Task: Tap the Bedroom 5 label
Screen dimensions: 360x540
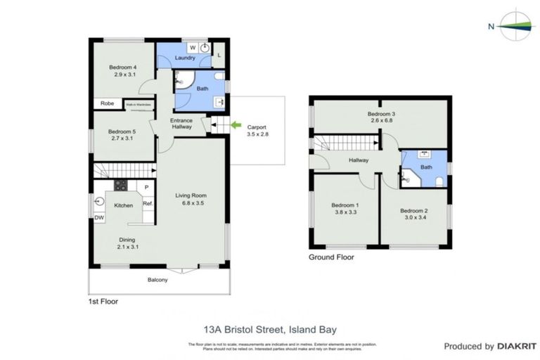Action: pos(121,131)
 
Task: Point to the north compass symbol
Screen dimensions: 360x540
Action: pos(517,27)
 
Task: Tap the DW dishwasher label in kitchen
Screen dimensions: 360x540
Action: pos(99,217)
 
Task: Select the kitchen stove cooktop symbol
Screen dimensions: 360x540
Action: pos(120,186)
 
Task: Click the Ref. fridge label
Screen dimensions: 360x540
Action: pos(148,204)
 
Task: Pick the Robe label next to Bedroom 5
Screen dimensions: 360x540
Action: pos(107,104)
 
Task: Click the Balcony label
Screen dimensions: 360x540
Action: pos(157,280)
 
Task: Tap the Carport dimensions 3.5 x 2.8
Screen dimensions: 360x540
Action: pos(257,134)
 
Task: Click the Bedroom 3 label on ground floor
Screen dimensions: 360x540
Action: pos(382,113)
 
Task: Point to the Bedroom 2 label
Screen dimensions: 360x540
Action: pos(413,211)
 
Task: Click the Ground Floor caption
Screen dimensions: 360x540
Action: pos(331,257)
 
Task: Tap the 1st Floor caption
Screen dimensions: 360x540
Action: pos(103,301)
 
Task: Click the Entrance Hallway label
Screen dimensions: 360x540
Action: pos(181,123)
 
